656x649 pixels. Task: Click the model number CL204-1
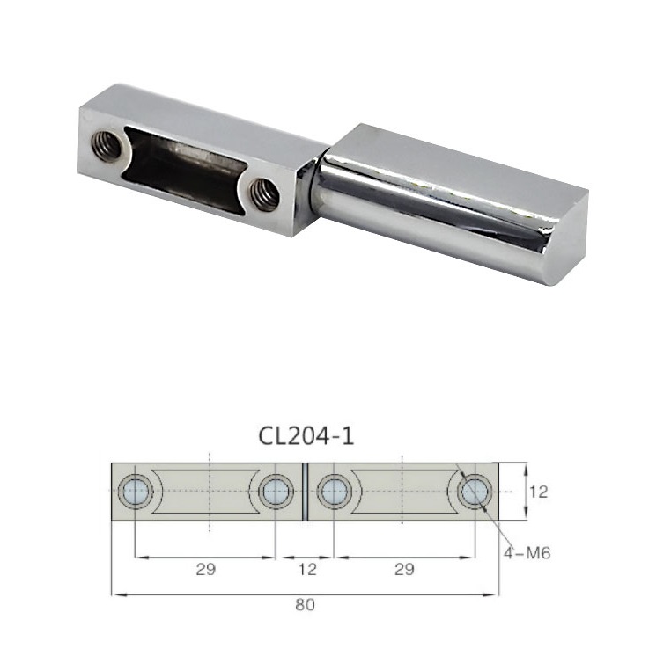tap(306, 435)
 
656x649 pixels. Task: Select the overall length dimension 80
tap(306, 606)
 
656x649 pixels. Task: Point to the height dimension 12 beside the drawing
tap(538, 492)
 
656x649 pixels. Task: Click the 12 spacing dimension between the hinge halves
tap(305, 569)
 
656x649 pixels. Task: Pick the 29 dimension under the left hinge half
tap(205, 569)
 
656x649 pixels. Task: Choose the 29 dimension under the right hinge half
tap(404, 569)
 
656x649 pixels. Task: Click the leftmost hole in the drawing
tap(136, 492)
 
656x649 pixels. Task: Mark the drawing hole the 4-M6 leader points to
tap(475, 492)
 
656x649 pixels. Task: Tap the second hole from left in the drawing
tap(276, 492)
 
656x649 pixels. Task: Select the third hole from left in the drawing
tap(333, 492)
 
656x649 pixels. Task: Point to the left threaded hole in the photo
tap(107, 147)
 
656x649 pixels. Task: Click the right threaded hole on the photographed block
tap(264, 194)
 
